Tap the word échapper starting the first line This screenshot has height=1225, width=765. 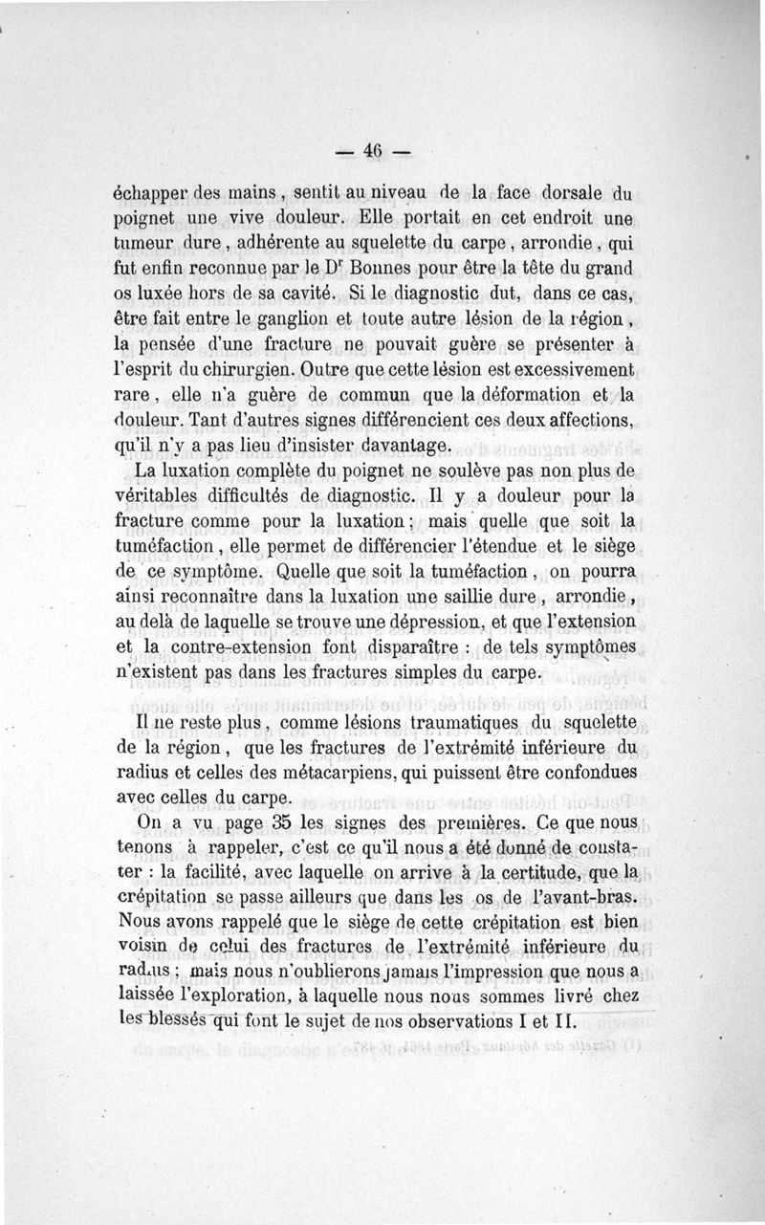[148, 191]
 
